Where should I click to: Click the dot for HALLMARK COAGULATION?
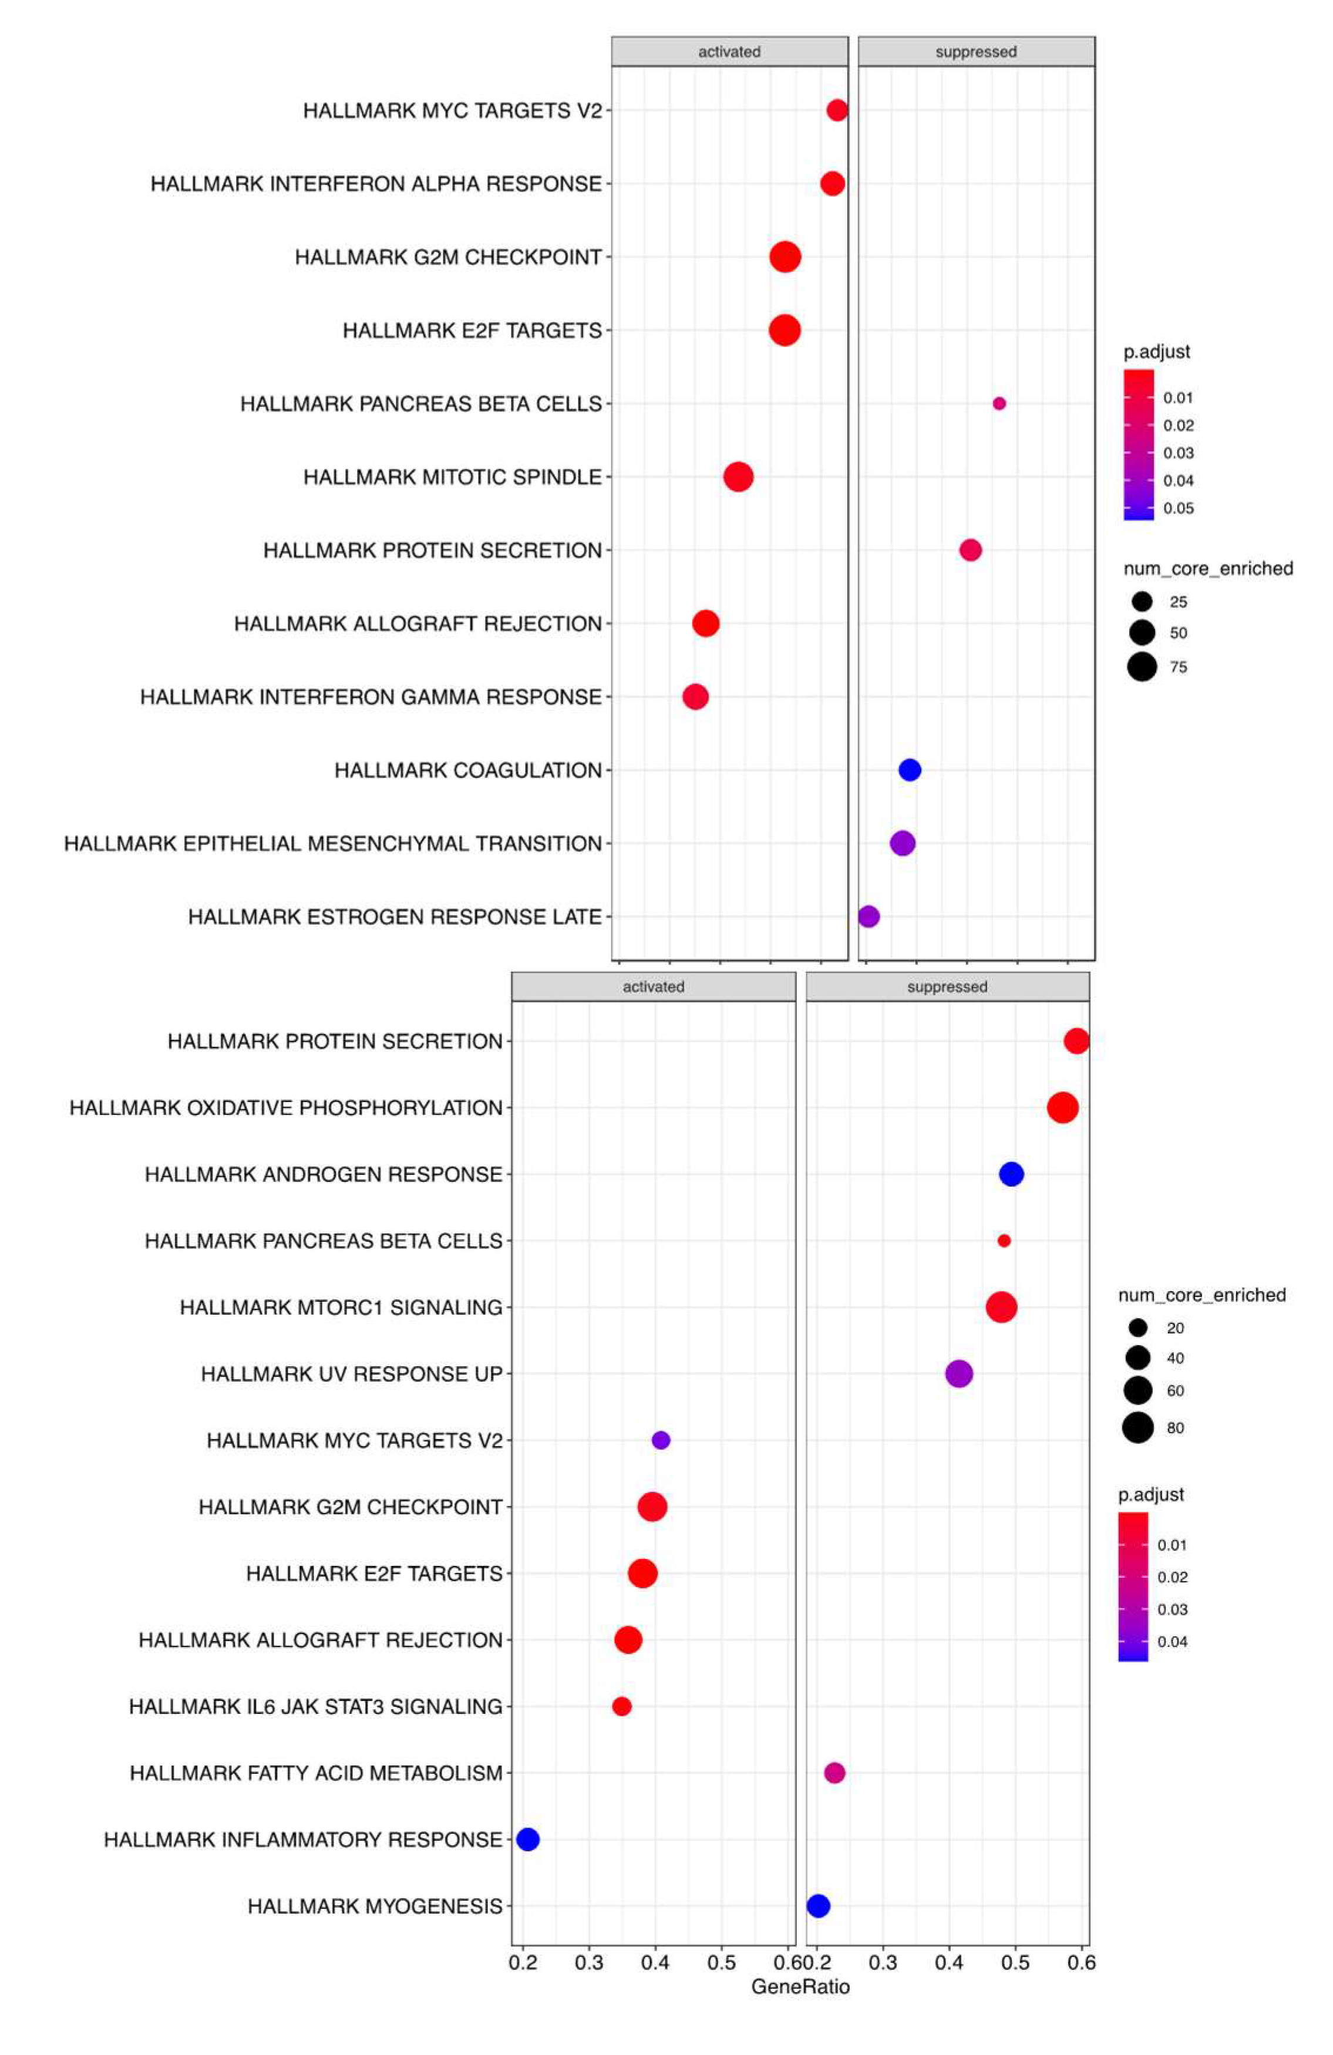pyautogui.click(x=909, y=769)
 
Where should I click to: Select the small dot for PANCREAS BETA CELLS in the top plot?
pyautogui.click(x=999, y=403)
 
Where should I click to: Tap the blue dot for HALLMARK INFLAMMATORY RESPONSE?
pyautogui.click(x=527, y=1839)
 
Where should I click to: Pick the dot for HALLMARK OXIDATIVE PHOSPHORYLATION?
pyautogui.click(x=1062, y=1107)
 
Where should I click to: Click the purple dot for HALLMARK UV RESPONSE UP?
pyautogui.click(x=958, y=1373)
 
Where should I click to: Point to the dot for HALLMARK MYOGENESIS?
pyautogui.click(x=817, y=1906)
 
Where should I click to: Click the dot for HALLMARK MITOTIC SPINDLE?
pyautogui.click(x=738, y=477)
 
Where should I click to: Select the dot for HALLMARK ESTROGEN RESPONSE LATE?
pyautogui.click(x=869, y=916)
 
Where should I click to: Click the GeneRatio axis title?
pyautogui.click(x=800, y=1987)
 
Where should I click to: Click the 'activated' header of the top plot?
pyautogui.click(x=729, y=52)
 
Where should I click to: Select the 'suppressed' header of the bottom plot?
pyautogui.click(x=947, y=987)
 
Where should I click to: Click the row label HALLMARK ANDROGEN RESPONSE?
pyautogui.click(x=323, y=1174)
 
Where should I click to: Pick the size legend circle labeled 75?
pyautogui.click(x=1142, y=666)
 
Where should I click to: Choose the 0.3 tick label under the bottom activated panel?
pyautogui.click(x=589, y=1963)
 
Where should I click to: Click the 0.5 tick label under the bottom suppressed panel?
pyautogui.click(x=1015, y=1963)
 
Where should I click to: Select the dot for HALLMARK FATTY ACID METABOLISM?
pyautogui.click(x=834, y=1773)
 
